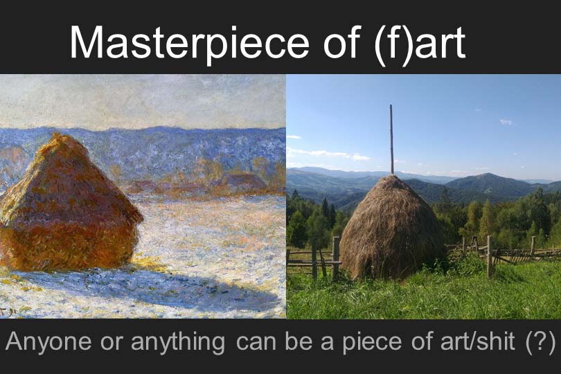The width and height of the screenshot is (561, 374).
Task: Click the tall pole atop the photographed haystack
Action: point(391,139)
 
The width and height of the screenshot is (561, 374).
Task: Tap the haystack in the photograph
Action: point(391,229)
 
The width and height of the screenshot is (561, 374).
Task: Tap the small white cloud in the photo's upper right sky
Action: point(506,122)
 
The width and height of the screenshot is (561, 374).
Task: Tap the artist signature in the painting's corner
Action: point(7,311)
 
